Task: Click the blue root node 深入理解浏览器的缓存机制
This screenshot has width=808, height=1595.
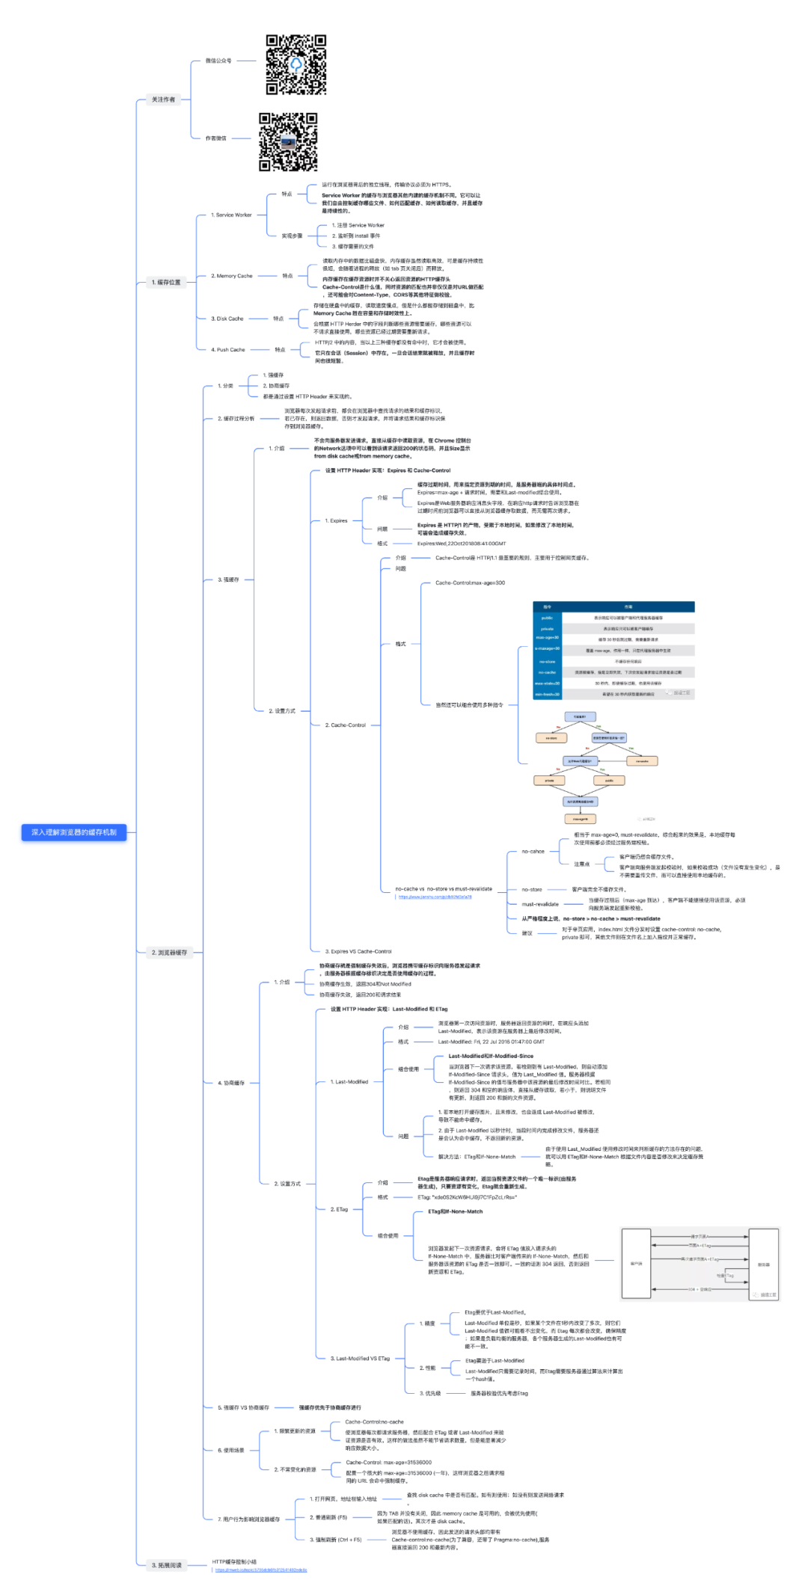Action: (x=74, y=832)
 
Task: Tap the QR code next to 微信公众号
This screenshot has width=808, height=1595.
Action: (x=296, y=65)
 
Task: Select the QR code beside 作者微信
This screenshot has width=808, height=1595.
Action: (x=288, y=142)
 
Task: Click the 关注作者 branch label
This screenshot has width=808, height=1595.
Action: (x=163, y=99)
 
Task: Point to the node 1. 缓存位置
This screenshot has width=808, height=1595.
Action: (x=166, y=283)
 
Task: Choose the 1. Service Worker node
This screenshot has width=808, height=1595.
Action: (x=231, y=215)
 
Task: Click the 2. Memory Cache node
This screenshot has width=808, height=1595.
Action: (x=232, y=276)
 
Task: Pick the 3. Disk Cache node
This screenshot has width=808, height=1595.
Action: (x=227, y=319)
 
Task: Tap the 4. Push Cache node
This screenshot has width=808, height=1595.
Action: (x=228, y=350)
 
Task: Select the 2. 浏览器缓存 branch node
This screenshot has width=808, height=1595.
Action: (x=169, y=953)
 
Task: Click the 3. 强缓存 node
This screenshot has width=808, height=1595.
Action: (x=228, y=580)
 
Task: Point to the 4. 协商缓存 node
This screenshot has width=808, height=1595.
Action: (x=231, y=1083)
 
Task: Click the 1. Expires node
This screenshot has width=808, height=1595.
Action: (x=336, y=520)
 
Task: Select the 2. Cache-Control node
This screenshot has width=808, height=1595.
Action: (x=346, y=725)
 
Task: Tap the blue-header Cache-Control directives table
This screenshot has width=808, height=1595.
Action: (x=613, y=650)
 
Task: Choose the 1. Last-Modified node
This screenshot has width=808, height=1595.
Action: (x=349, y=1082)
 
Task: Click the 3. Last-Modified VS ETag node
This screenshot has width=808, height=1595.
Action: (x=360, y=1359)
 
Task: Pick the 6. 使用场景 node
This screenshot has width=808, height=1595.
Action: (x=231, y=1450)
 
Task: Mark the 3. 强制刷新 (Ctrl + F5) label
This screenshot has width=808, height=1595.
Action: (x=336, y=1540)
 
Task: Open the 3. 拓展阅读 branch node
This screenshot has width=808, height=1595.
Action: (x=167, y=1565)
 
